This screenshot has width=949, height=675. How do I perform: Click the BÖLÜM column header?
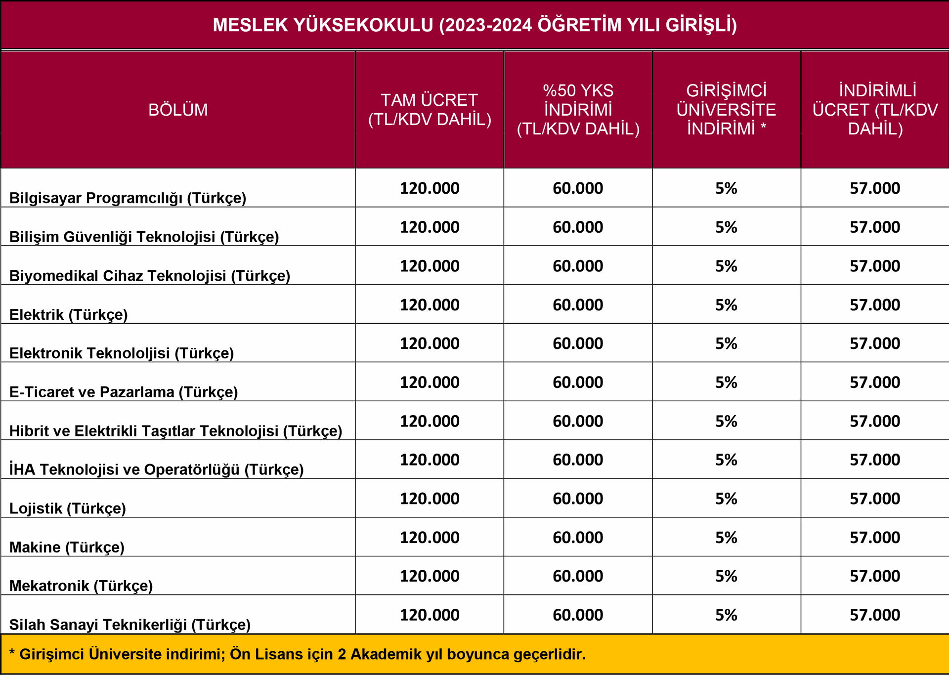click(178, 110)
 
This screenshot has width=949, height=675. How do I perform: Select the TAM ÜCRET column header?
click(430, 110)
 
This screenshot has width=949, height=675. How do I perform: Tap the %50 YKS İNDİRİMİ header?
click(578, 110)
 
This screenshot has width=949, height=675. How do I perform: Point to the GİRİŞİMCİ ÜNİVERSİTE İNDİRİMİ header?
click(726, 110)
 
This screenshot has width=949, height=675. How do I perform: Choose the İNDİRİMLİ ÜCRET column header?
click(875, 110)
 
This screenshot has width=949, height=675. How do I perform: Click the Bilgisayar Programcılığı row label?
click(128, 198)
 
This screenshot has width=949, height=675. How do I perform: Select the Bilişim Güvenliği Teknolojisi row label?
click(144, 237)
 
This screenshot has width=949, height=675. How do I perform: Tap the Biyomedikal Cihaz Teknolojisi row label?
click(150, 276)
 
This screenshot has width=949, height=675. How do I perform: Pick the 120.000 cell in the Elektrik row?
click(430, 305)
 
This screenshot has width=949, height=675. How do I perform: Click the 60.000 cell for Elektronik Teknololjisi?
click(578, 343)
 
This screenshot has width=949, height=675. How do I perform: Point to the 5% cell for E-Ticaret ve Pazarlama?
click(726, 382)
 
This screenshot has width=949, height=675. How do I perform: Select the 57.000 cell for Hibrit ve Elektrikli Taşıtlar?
click(875, 422)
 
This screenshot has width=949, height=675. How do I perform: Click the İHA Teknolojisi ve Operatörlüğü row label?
click(156, 469)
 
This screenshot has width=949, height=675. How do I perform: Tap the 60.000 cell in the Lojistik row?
click(578, 499)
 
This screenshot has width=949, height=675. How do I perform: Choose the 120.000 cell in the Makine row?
click(430, 538)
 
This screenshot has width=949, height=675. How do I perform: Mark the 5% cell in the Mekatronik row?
click(726, 576)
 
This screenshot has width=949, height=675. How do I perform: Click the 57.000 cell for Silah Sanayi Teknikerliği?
click(875, 615)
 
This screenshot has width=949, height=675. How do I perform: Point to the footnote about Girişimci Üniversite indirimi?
click(298, 654)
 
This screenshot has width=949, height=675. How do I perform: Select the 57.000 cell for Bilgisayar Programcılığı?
click(875, 188)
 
